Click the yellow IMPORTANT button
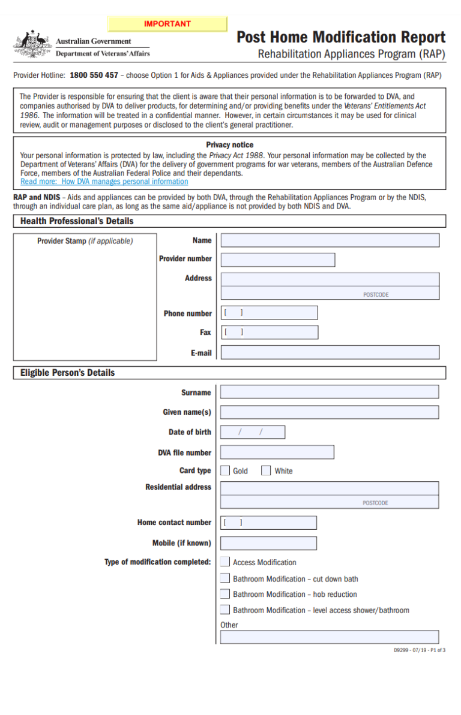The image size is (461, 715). point(167,24)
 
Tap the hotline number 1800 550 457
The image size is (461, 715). point(94,76)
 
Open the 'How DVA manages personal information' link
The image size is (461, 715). point(104,182)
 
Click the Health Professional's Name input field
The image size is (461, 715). point(330,240)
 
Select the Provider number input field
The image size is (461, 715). point(277,260)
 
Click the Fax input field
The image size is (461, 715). point(269,332)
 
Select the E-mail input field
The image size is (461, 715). point(330,352)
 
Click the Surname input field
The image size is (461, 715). point(329,392)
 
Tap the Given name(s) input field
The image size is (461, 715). point(329,412)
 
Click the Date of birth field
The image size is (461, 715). point(252,432)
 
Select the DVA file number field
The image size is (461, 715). point(277,452)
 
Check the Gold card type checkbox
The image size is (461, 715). point(225,471)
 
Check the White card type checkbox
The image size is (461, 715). point(266,471)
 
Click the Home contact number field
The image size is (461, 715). point(268,523)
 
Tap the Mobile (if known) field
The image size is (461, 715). point(268,543)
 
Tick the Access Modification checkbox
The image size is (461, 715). point(224,562)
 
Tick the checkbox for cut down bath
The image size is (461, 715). point(224,578)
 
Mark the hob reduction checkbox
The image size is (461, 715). point(224,594)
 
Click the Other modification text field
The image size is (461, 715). point(329,636)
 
